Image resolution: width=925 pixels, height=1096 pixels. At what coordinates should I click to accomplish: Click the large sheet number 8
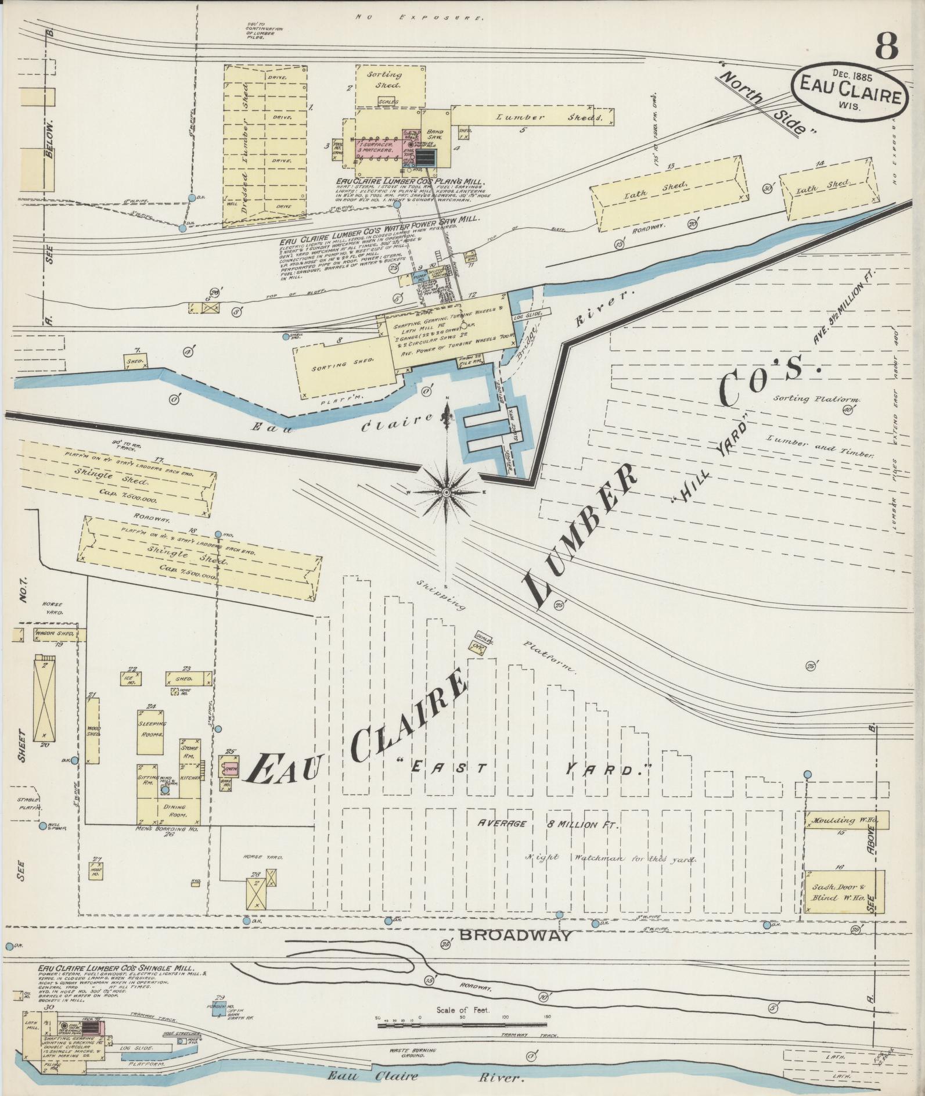click(886, 46)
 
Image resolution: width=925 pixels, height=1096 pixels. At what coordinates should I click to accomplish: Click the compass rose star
click(446, 493)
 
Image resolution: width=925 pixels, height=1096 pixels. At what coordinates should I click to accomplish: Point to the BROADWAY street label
click(516, 936)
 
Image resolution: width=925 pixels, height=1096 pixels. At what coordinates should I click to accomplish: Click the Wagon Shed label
click(55, 634)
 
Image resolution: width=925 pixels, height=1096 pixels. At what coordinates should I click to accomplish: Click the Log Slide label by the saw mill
click(527, 314)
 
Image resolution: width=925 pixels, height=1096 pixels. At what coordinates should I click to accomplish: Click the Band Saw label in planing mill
click(435, 135)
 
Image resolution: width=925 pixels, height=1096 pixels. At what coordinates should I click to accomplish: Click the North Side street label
click(766, 103)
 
